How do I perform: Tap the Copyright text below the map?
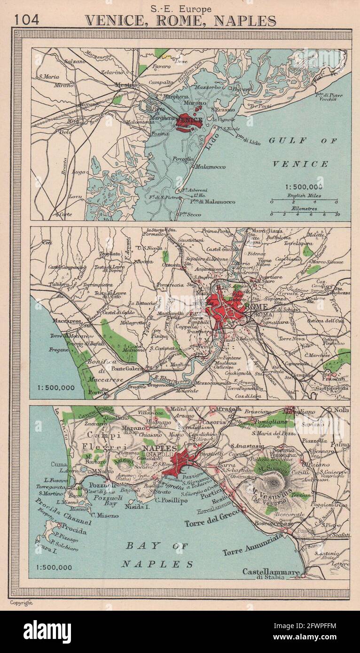tap(22, 603)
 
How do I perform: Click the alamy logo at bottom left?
tap(47, 631)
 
